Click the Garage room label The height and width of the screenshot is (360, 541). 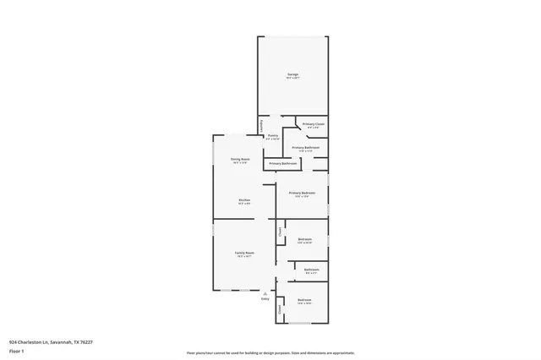[x=292, y=75]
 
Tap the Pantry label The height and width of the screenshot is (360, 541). [x=273, y=135]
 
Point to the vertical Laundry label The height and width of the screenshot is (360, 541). [x=260, y=124]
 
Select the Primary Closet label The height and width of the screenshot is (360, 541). [x=314, y=124]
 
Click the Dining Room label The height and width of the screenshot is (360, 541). [x=240, y=159]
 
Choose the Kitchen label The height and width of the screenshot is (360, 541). [x=243, y=199]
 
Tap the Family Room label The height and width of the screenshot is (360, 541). [x=244, y=253]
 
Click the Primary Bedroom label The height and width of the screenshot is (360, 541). [x=302, y=193]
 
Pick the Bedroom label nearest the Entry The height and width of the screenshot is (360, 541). [x=304, y=300]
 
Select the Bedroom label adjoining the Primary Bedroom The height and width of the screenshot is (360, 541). [x=305, y=239]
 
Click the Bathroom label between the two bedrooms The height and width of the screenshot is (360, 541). [x=310, y=270]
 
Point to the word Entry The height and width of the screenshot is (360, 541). [x=265, y=299]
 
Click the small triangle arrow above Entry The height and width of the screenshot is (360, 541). [x=265, y=292]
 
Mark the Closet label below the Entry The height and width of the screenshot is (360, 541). [x=280, y=310]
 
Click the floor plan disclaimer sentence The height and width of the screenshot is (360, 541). [x=270, y=353]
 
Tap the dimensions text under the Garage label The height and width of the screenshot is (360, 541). [x=292, y=79]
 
